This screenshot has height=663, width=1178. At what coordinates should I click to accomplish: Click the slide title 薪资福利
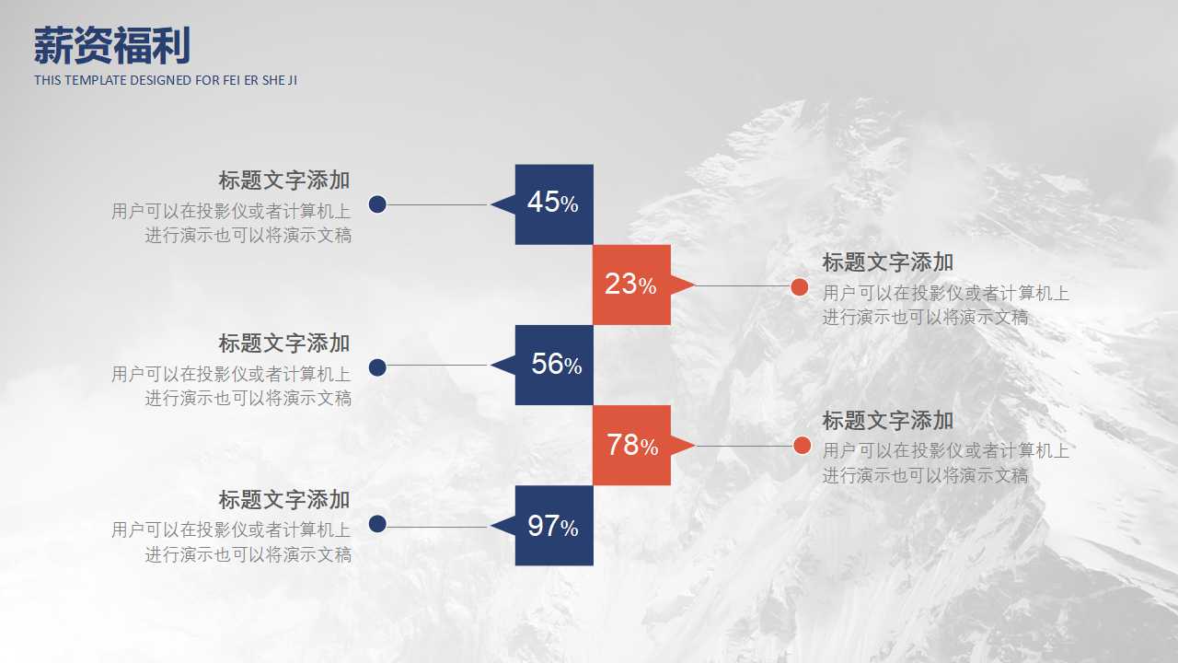[112, 45]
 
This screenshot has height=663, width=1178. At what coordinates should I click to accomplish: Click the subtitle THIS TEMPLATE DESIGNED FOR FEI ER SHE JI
[166, 80]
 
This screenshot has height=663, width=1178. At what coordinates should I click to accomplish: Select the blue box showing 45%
[554, 204]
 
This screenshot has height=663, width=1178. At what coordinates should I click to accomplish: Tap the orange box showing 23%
[631, 285]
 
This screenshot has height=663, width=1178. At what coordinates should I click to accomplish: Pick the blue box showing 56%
[554, 365]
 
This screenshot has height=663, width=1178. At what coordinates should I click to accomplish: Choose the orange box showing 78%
[631, 445]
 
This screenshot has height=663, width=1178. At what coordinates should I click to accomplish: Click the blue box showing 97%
[554, 526]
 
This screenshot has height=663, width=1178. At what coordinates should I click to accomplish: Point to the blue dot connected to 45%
[377, 204]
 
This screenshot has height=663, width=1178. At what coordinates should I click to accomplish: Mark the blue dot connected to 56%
[377, 367]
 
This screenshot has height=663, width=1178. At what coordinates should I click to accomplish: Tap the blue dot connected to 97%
[377, 525]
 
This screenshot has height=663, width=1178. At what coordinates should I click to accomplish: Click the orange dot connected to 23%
[800, 287]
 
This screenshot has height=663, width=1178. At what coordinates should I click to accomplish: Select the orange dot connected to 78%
[802, 446]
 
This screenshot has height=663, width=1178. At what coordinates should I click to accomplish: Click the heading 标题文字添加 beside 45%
[284, 180]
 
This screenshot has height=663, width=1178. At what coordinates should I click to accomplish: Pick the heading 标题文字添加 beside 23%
[887, 262]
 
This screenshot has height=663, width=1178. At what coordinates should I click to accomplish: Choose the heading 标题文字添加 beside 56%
[284, 343]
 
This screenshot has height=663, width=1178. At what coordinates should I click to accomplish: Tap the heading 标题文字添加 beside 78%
[887, 421]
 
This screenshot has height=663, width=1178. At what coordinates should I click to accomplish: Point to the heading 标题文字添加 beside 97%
[284, 500]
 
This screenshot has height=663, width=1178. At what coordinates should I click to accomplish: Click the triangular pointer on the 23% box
[682, 285]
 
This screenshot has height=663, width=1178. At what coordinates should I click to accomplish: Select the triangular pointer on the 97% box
[503, 526]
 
